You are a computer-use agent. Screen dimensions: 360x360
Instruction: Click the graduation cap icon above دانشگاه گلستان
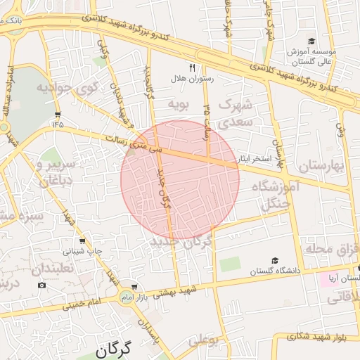pos(274,260)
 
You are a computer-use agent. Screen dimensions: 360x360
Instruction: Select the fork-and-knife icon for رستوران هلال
pos(192,68)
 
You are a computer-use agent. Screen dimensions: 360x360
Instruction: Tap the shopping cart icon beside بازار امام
pos(134,288)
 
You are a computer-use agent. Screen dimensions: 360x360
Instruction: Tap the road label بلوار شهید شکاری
pos(320,337)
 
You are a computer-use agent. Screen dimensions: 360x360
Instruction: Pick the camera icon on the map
pos(41,285)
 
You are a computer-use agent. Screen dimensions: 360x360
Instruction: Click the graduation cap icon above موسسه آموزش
pos(311,41)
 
